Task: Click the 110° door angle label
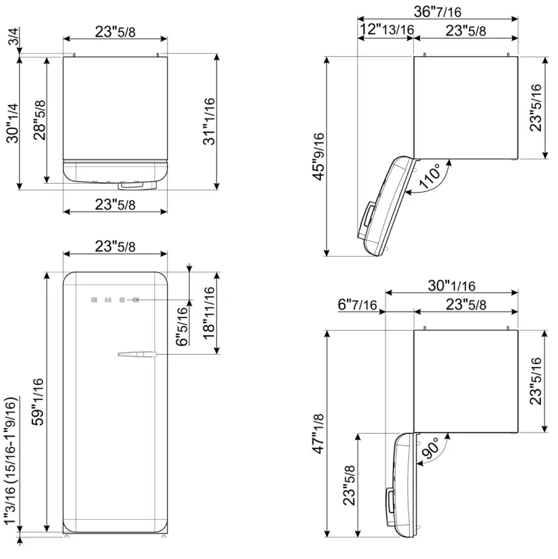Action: tap(432, 178)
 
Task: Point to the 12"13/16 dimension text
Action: tap(387, 30)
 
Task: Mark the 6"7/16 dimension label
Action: tap(357, 305)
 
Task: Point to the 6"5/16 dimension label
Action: tap(181, 326)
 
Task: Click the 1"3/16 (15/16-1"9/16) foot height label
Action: tap(11, 462)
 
